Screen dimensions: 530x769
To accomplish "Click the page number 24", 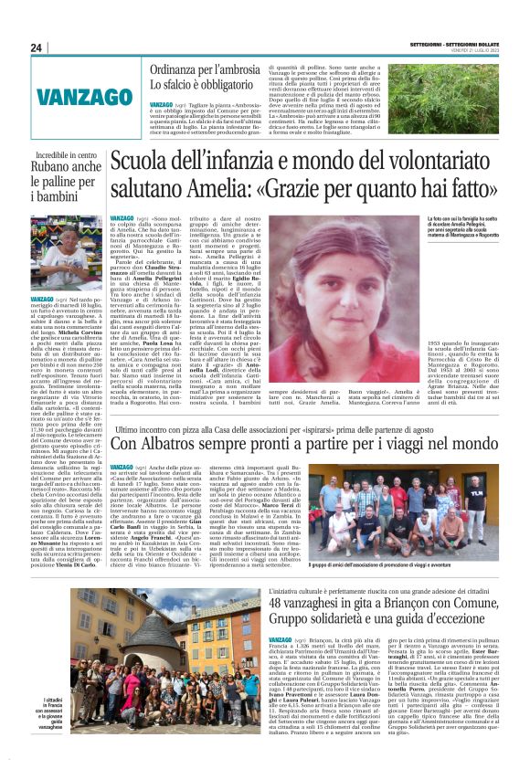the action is pos(37,47).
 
